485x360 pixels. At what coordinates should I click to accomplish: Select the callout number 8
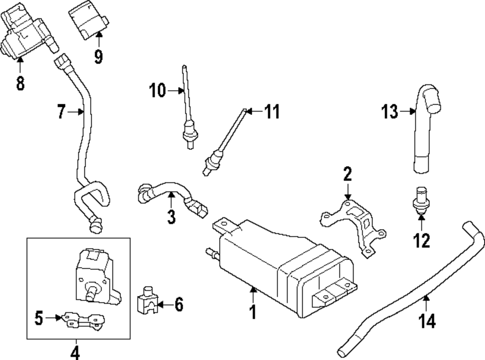[20, 82]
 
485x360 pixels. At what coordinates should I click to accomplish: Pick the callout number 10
[158, 90]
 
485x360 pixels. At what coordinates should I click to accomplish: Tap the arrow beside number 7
[77, 112]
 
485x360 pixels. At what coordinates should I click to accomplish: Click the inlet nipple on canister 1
[211, 251]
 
